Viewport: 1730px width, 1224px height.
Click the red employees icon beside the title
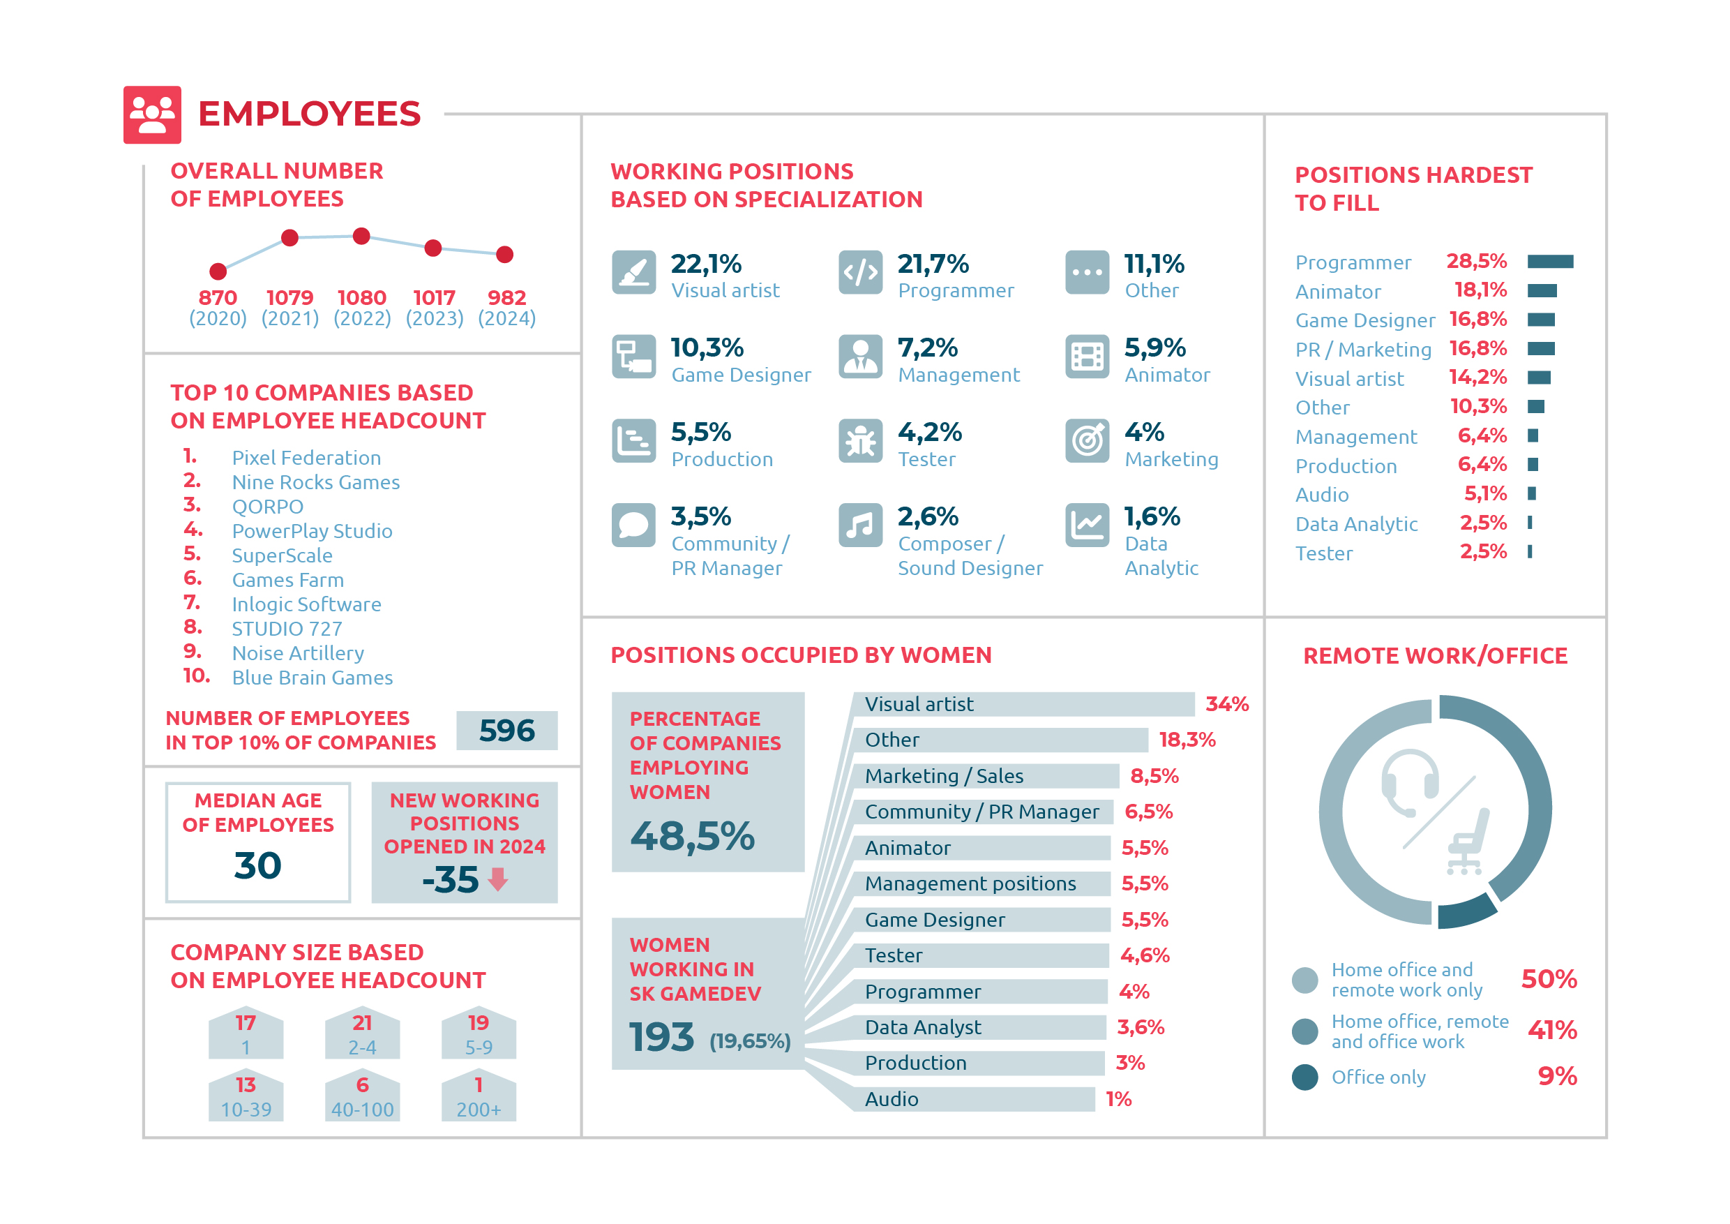tap(152, 114)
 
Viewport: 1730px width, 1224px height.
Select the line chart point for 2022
tap(361, 236)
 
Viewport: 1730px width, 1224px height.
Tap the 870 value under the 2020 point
tap(218, 298)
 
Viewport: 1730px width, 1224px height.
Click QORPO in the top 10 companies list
tap(267, 507)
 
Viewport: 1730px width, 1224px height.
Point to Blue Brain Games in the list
tap(312, 678)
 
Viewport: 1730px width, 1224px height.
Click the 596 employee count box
tap(507, 731)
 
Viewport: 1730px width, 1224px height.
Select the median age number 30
tap(257, 865)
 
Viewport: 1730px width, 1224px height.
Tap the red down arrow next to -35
tap(498, 879)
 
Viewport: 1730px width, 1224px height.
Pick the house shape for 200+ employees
tap(479, 1096)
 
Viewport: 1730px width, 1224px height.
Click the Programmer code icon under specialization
tap(861, 272)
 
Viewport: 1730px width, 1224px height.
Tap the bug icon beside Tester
tap(861, 441)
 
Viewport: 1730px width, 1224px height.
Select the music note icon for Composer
tap(861, 525)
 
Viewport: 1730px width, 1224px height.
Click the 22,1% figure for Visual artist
tap(706, 264)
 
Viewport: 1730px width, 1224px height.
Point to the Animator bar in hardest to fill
tap(1542, 291)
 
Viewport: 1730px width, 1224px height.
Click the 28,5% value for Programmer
tap(1476, 261)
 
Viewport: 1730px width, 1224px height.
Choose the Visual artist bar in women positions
tap(1023, 704)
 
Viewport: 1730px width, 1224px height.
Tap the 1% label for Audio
tap(1119, 1099)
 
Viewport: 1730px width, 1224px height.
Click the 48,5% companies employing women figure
tap(693, 837)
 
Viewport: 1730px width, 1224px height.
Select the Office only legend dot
tap(1305, 1077)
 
